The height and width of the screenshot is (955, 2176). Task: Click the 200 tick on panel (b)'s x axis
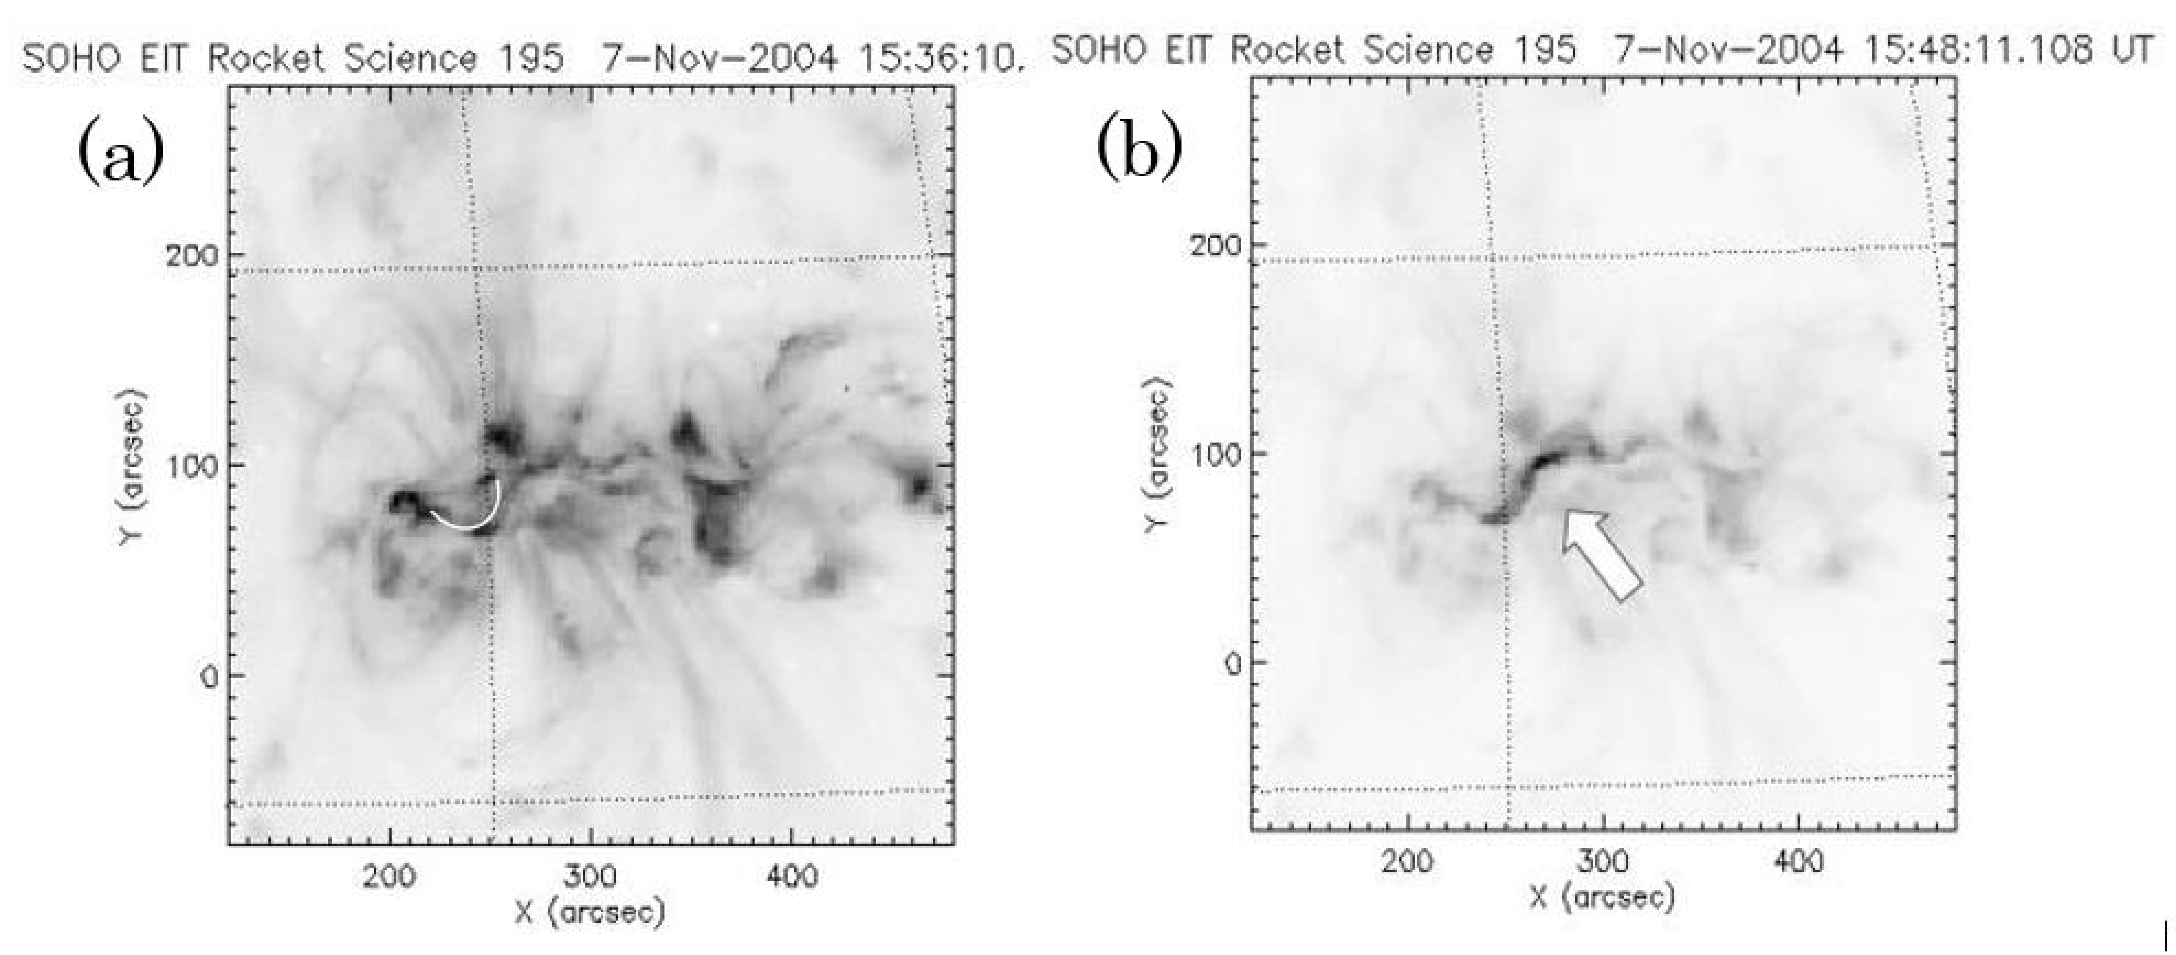(1408, 862)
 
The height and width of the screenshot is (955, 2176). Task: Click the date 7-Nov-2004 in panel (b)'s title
(1727, 51)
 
